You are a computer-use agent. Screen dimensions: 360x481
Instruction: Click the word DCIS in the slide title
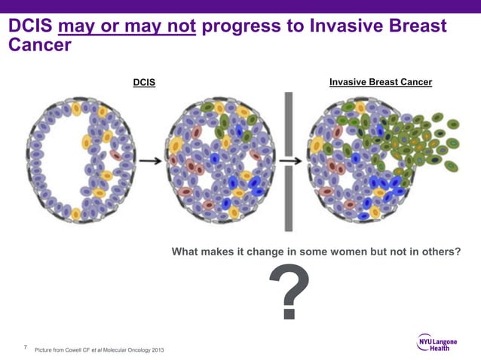pos(29,28)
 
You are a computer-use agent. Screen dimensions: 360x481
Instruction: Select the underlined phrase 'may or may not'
pos(127,28)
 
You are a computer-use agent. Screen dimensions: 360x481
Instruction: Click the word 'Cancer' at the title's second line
pos(39,45)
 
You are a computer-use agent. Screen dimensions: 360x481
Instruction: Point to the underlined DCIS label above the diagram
pos(144,82)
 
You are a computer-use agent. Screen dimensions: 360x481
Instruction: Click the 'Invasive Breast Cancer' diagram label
pos(380,82)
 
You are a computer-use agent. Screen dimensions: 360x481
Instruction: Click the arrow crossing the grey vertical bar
pos(289,160)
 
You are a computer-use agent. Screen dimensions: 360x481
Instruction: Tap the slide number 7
pos(26,347)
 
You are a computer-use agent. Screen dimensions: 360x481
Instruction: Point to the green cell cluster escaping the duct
pos(430,139)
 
